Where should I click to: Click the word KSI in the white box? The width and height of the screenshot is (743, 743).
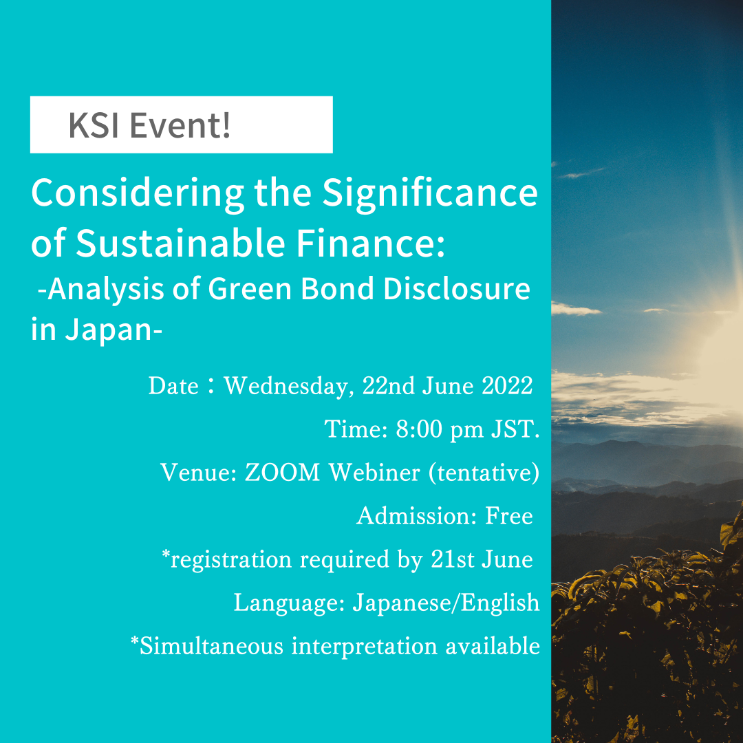(94, 127)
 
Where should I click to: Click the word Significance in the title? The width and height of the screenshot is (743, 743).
(430, 193)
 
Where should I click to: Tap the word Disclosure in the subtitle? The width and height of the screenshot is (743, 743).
(457, 290)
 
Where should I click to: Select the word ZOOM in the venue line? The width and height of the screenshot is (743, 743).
(282, 473)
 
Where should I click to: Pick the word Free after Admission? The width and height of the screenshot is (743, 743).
(509, 516)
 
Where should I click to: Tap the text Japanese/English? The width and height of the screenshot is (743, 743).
(446, 603)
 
